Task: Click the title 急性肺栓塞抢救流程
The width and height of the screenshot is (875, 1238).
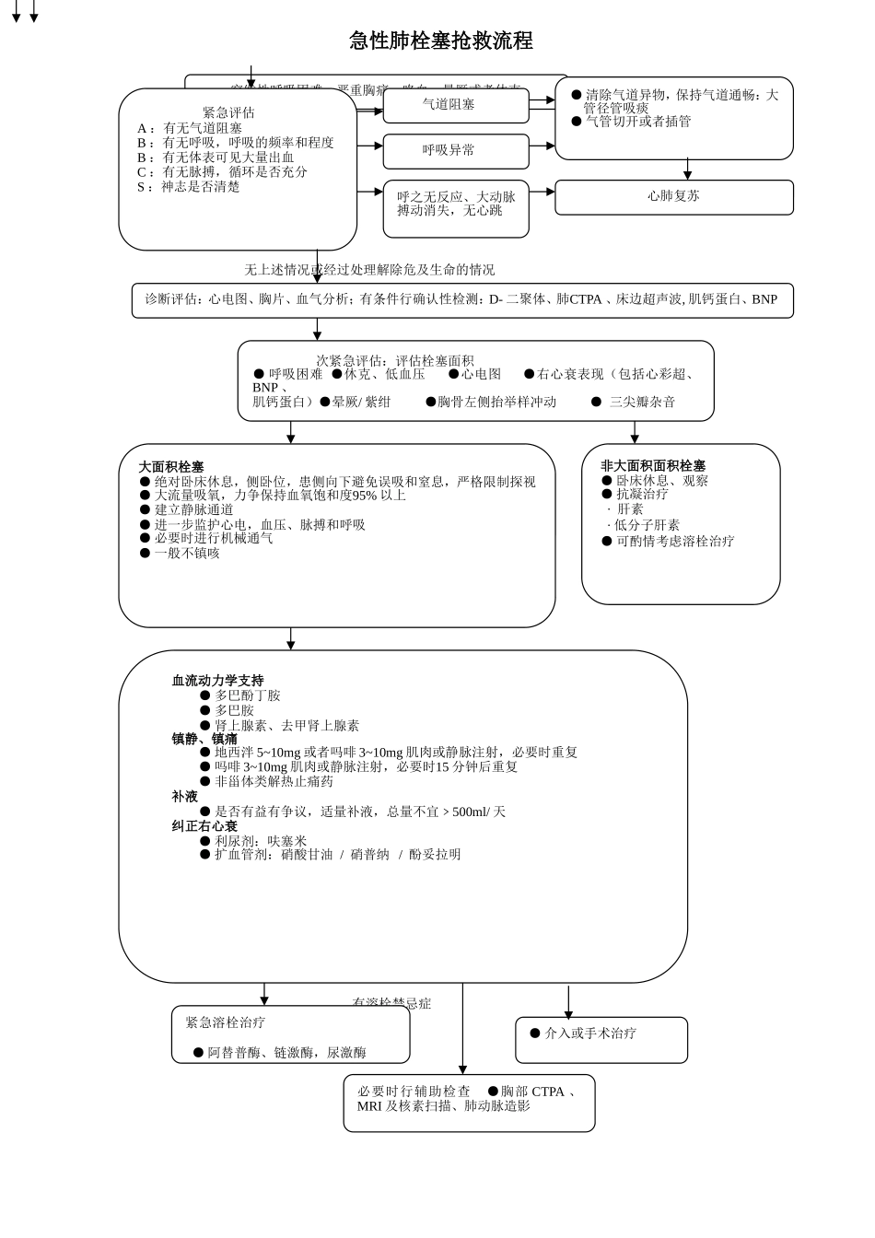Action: click(441, 41)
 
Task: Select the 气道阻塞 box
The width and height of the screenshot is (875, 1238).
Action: click(455, 106)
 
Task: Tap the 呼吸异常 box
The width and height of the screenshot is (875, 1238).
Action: click(455, 151)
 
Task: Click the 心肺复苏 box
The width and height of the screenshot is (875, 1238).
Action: click(673, 197)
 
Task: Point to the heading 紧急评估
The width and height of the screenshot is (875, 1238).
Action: click(228, 112)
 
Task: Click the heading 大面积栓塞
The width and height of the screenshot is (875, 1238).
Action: click(171, 467)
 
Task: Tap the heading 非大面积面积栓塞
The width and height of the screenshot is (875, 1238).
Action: click(653, 466)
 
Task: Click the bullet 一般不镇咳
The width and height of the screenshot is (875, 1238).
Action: click(186, 554)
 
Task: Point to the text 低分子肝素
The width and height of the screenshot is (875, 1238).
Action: click(647, 525)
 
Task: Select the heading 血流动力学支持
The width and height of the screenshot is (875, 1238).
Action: click(217, 681)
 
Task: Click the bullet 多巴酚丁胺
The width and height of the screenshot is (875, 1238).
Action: click(247, 695)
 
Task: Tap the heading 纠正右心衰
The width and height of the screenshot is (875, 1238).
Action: click(204, 826)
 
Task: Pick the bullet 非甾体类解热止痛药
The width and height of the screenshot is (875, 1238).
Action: click(274, 781)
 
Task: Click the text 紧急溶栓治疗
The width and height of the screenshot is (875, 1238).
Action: click(226, 1022)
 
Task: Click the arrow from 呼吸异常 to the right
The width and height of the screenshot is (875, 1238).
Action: click(542, 146)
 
